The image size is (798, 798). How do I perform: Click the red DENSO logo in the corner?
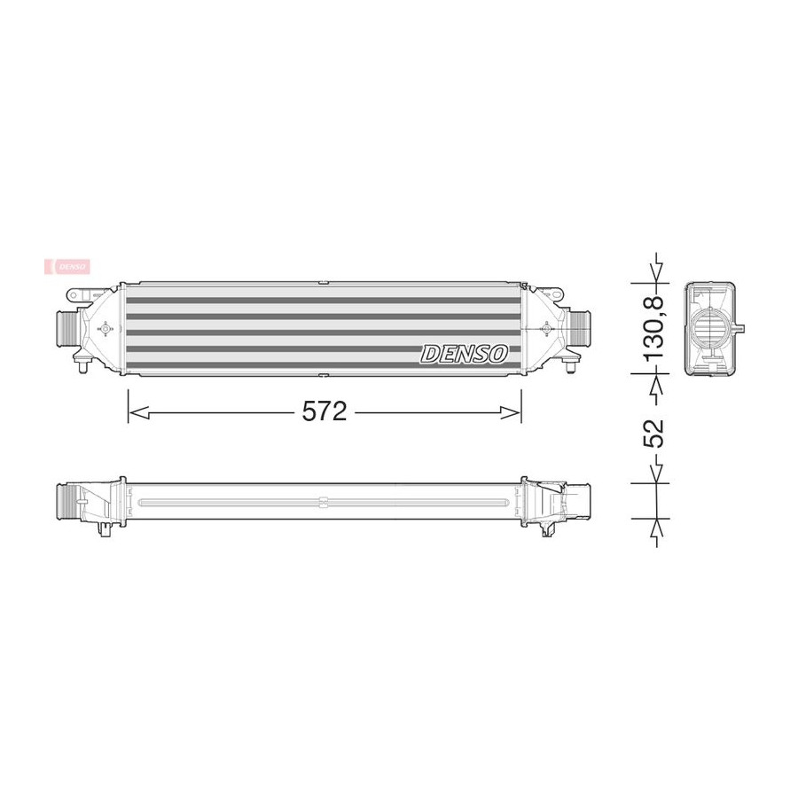[67, 266]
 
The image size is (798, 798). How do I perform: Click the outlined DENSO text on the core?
[464, 354]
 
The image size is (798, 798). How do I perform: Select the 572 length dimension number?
[325, 411]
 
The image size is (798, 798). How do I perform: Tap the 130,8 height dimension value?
[654, 328]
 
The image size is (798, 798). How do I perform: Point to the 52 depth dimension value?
[654, 433]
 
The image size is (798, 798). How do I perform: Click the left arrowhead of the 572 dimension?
[138, 412]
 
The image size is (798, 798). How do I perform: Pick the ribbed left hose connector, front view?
[66, 329]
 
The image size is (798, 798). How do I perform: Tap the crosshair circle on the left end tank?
[106, 329]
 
